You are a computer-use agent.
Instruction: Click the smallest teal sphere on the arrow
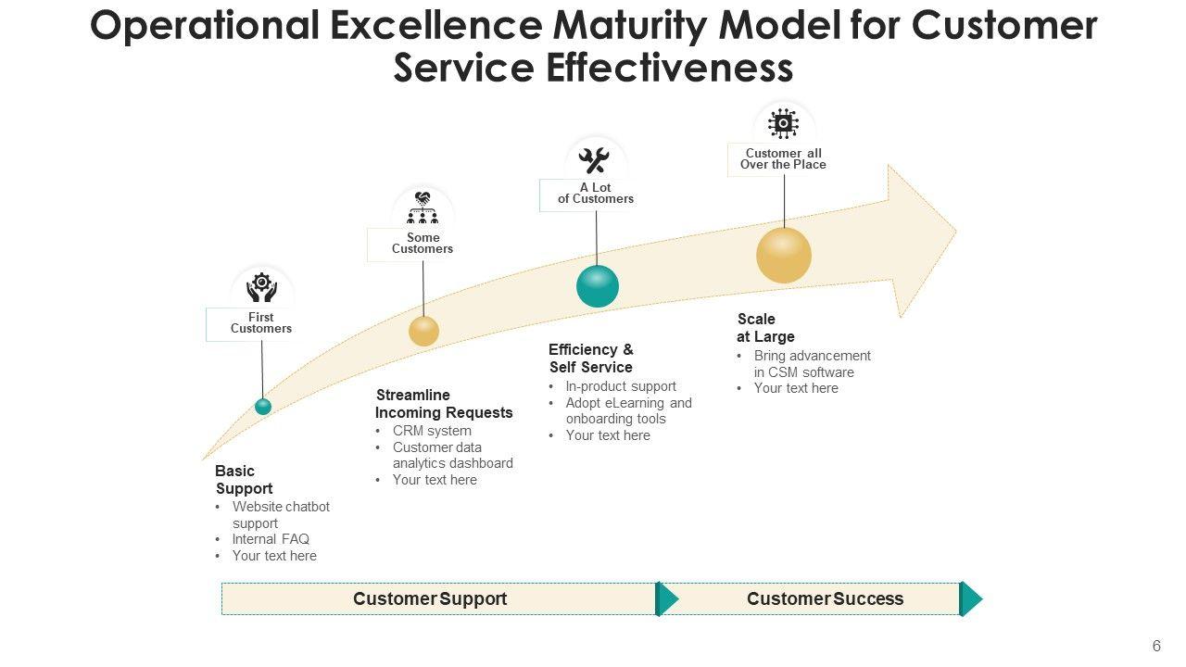(x=263, y=406)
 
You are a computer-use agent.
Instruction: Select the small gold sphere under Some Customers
(x=423, y=331)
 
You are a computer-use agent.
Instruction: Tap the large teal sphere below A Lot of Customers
(x=598, y=286)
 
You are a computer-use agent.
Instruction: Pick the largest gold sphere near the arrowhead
(x=784, y=255)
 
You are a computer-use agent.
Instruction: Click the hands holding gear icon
(x=262, y=287)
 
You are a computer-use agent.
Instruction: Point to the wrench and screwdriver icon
(x=594, y=161)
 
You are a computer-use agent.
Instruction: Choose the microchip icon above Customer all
(x=784, y=124)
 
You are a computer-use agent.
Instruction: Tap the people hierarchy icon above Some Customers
(x=423, y=208)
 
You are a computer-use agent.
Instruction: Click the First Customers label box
(x=260, y=323)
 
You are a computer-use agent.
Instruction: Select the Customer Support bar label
(x=430, y=598)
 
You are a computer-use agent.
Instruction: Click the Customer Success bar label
(x=825, y=598)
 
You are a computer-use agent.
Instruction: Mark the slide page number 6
(x=1156, y=647)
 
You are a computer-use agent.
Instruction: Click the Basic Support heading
(x=244, y=480)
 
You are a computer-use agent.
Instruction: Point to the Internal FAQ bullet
(x=271, y=539)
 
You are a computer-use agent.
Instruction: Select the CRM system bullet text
(x=432, y=431)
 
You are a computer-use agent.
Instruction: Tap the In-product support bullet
(x=621, y=386)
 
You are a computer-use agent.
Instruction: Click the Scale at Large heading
(x=765, y=328)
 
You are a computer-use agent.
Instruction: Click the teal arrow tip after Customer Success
(x=971, y=598)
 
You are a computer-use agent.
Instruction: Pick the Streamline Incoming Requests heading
(x=444, y=404)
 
